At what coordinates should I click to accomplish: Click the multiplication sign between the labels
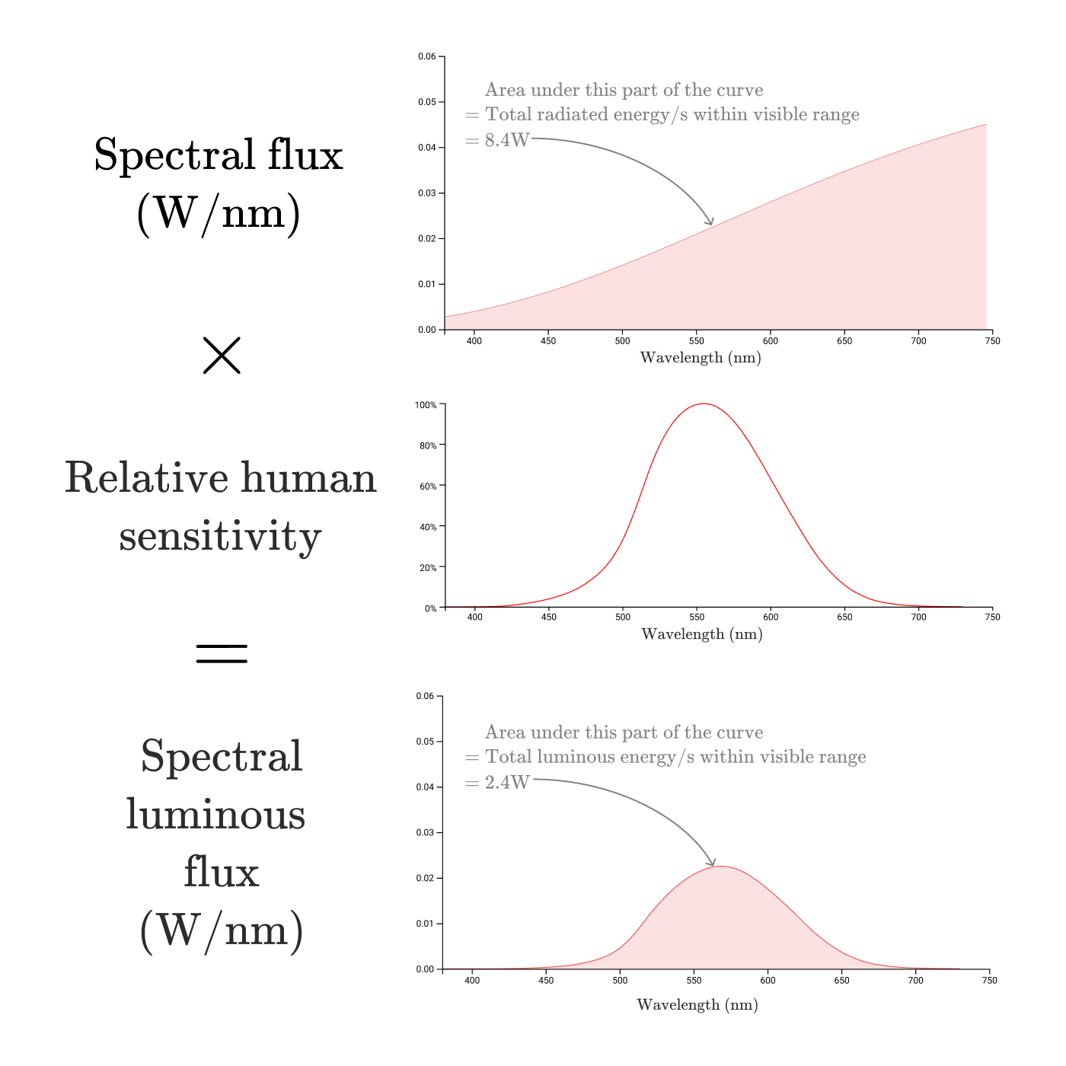[222, 355]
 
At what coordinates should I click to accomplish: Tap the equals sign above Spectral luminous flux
[222, 653]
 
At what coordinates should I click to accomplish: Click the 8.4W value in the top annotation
[506, 140]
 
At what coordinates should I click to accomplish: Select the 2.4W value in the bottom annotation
[506, 782]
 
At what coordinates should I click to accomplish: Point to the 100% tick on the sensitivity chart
[426, 405]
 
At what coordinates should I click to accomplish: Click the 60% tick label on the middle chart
[428, 486]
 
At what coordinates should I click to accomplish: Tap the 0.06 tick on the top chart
[427, 56]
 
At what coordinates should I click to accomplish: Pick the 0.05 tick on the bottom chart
[425, 742]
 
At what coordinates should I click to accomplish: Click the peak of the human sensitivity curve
[703, 404]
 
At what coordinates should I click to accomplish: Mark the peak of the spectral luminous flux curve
[720, 867]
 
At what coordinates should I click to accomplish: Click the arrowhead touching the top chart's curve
[711, 222]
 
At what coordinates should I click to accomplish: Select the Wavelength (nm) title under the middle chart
[701, 634]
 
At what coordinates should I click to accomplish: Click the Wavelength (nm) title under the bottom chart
[697, 1005]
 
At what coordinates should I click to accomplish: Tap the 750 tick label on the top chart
[992, 341]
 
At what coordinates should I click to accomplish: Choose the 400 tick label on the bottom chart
[472, 981]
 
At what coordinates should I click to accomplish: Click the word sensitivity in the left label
[220, 536]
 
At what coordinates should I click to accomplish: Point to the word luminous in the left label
[215, 815]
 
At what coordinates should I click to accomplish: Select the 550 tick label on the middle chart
[697, 618]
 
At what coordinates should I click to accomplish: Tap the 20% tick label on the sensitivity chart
[428, 567]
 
